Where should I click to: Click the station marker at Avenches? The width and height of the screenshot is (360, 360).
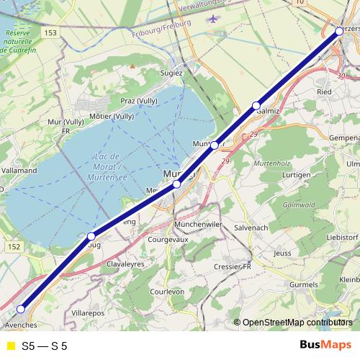pos(21,309)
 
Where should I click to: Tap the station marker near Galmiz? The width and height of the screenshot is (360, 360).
pos(256,106)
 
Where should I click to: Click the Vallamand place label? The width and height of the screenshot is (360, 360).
pos(19,171)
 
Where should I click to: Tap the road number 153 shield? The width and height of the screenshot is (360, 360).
pos(50,32)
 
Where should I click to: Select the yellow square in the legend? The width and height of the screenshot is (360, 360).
pos(10,346)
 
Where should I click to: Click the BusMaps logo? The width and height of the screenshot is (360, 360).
pos(325,345)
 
